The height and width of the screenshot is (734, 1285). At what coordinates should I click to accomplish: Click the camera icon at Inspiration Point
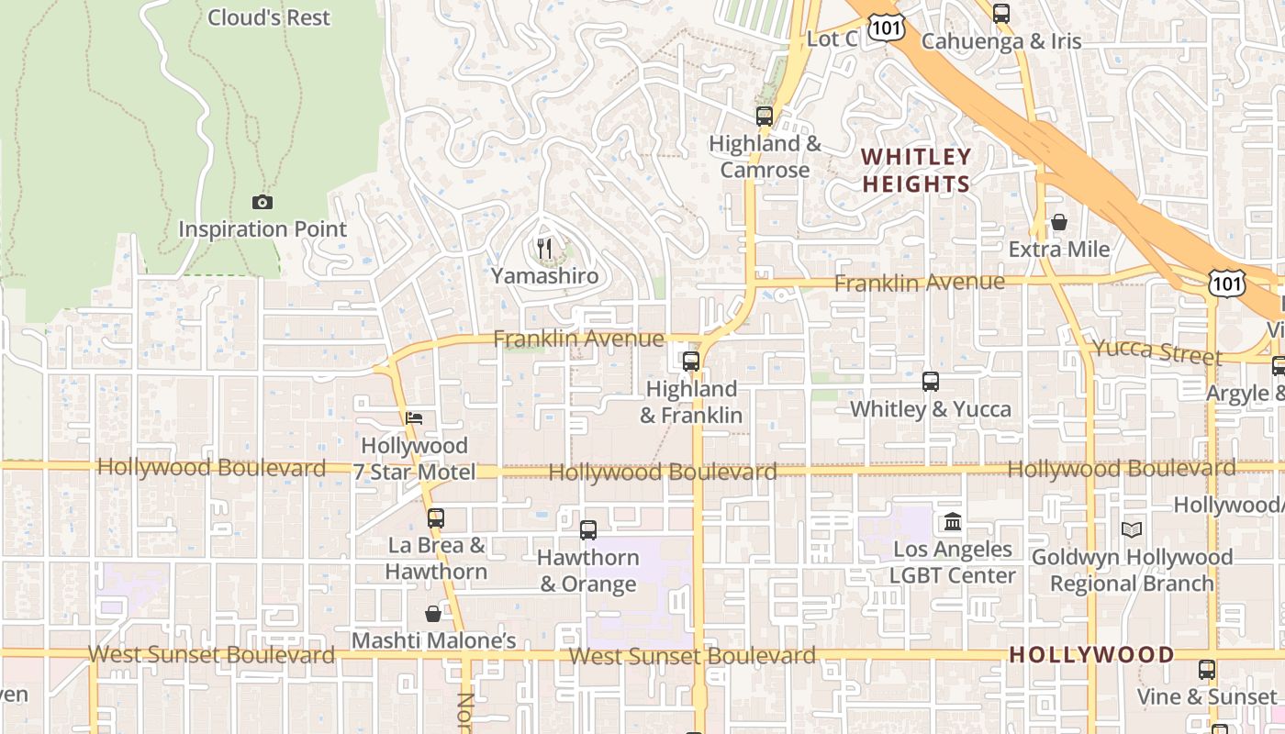[x=262, y=202]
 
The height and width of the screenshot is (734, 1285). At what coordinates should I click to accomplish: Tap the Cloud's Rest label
[x=268, y=17]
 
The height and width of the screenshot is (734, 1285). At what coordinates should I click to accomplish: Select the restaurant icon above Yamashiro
[x=544, y=248]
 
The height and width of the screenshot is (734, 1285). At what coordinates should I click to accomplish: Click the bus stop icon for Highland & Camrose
[x=764, y=117]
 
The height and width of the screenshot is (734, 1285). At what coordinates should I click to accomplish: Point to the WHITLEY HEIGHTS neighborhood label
[x=916, y=170]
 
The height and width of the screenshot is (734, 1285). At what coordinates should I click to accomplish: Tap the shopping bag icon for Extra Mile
[x=1058, y=222]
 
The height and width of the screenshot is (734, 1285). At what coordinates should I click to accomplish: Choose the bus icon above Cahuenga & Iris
[x=1000, y=14]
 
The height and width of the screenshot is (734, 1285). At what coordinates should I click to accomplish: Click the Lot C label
[x=832, y=39]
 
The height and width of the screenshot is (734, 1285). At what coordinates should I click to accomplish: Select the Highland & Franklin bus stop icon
[x=690, y=361]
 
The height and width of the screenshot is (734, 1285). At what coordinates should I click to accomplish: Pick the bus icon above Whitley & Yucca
[x=930, y=382]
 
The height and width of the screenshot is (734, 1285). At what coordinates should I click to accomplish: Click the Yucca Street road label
[x=1156, y=351]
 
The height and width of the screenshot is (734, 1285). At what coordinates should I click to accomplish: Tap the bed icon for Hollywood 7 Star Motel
[x=414, y=418]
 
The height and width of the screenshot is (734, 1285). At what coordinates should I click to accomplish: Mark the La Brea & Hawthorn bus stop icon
[x=435, y=518]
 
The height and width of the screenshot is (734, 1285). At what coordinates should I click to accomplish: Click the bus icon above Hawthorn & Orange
[x=587, y=530]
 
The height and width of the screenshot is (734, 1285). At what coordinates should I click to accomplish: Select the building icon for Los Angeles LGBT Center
[x=952, y=522]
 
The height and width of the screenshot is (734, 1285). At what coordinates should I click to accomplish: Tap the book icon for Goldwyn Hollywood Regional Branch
[x=1131, y=530]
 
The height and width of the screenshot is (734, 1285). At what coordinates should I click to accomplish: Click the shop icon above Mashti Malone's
[x=433, y=614]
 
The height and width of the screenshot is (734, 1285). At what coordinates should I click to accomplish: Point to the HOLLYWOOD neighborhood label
[x=1091, y=655]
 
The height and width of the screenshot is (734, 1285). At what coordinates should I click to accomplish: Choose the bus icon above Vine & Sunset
[x=1206, y=670]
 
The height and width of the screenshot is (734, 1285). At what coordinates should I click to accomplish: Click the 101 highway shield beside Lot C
[x=889, y=28]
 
